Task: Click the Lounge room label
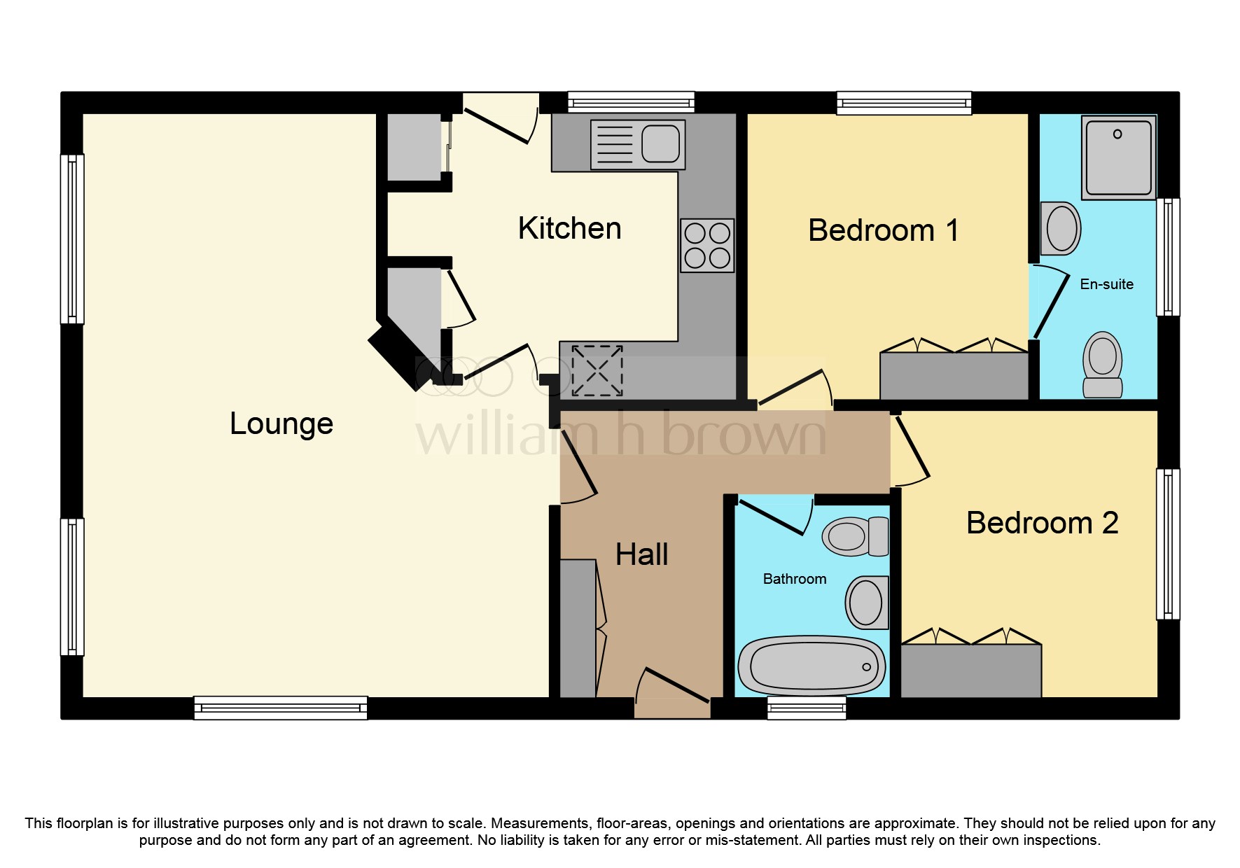[281, 423]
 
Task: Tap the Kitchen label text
[569, 228]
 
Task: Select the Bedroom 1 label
[883, 230]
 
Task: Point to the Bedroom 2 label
[1041, 523]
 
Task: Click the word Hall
[641, 554]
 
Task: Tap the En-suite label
[1106, 284]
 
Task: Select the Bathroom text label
[794, 579]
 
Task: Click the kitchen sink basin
[660, 144]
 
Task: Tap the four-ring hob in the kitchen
[707, 246]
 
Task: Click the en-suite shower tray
[1118, 157]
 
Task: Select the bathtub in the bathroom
[811, 665]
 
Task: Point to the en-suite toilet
[1102, 364]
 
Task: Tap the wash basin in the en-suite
[1060, 228]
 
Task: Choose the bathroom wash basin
[867, 603]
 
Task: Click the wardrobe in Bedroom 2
[970, 670]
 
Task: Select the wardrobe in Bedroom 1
[953, 376]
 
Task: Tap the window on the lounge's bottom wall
[281, 707]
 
